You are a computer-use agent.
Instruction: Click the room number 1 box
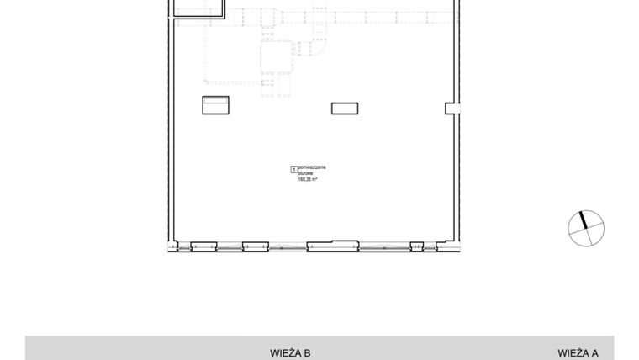point(293,169)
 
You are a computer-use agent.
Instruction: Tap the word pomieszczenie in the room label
point(311,168)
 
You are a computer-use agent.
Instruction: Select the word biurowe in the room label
point(304,173)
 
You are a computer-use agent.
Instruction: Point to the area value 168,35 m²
point(306,179)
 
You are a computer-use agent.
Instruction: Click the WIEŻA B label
point(291,353)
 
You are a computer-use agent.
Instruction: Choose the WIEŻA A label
point(578,353)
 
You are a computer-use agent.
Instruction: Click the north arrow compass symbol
point(586,228)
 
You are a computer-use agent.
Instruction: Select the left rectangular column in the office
point(216,105)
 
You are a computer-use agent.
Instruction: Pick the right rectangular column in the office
point(344,108)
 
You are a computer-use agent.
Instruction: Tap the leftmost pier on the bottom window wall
point(204,246)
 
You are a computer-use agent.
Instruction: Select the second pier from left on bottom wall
point(255,246)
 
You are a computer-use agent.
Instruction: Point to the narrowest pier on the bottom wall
point(415,246)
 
